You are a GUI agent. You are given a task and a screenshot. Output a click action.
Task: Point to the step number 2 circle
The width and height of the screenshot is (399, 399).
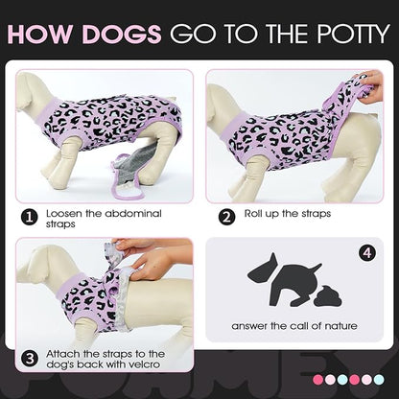pos(227,216)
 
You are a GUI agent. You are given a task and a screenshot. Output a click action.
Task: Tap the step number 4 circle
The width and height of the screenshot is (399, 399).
pos(365,254)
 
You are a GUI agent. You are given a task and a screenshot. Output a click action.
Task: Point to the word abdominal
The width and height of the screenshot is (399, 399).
pos(129,213)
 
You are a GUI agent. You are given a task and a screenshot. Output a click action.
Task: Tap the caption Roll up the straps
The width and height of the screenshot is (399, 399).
pos(288,214)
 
